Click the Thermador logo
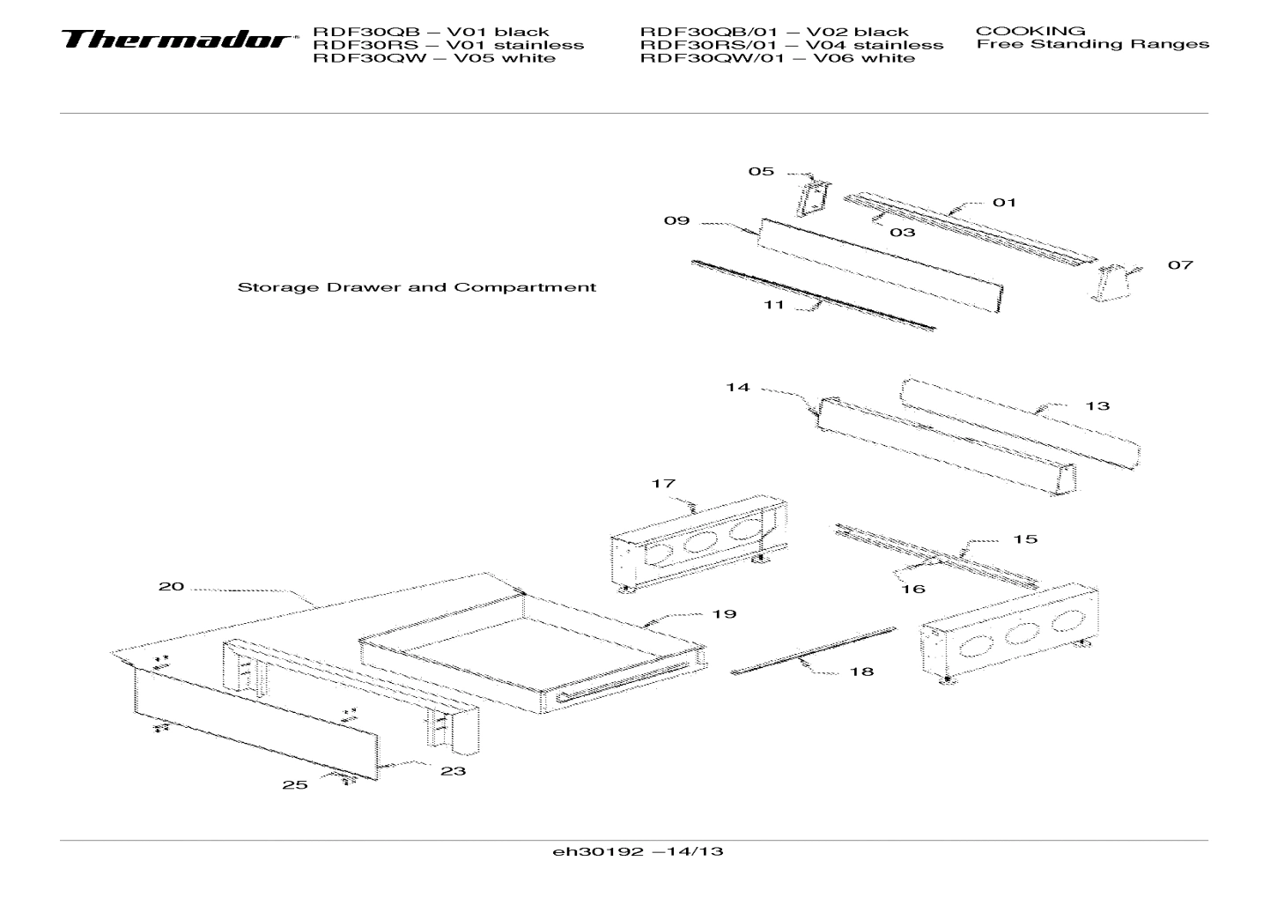tap(176, 41)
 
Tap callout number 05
tap(761, 171)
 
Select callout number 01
tap(1004, 203)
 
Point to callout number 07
tap(1180, 265)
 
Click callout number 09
tap(676, 220)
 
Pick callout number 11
tap(773, 305)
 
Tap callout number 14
tap(737, 387)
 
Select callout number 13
tap(1097, 406)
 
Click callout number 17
tap(663, 484)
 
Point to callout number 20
tap(171, 587)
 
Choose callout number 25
tap(295, 785)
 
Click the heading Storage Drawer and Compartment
tap(417, 287)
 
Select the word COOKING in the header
tap(1030, 31)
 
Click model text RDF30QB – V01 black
tap(431, 32)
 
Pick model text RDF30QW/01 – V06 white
tap(777, 58)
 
